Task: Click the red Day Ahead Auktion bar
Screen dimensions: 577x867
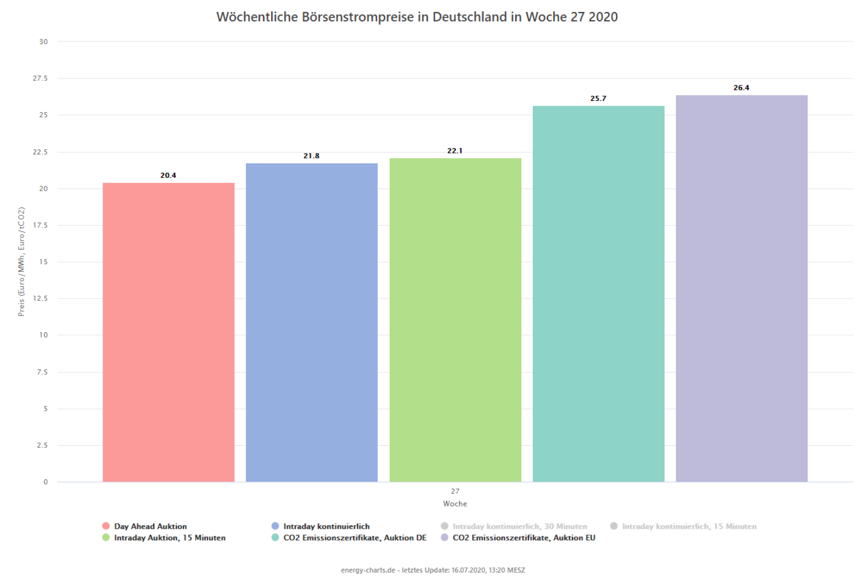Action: click(x=168, y=332)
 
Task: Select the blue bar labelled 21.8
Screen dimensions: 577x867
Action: click(x=312, y=323)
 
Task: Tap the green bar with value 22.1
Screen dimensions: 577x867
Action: click(x=455, y=320)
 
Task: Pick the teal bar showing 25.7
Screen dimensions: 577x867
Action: click(x=598, y=294)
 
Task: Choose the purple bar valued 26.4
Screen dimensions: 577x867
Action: click(x=742, y=288)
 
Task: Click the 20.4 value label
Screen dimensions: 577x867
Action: click(x=168, y=175)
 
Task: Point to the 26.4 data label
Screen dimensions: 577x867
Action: click(x=742, y=88)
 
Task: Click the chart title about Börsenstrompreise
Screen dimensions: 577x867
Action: click(x=417, y=17)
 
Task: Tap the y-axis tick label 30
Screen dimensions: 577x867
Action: click(x=44, y=42)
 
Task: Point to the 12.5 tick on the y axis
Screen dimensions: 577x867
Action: click(x=40, y=299)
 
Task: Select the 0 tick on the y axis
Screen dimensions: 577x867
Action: click(x=46, y=482)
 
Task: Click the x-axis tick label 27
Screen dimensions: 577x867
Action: click(x=455, y=491)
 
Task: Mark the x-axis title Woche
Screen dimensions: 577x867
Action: click(x=455, y=504)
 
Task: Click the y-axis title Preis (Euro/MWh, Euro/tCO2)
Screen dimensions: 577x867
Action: click(x=21, y=262)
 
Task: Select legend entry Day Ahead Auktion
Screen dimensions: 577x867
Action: click(x=150, y=526)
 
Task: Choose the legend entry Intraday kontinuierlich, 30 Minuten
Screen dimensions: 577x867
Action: click(x=519, y=526)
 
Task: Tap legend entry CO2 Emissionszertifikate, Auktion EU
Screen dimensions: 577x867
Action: click(x=524, y=537)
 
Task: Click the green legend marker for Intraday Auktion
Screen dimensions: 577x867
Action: click(x=106, y=537)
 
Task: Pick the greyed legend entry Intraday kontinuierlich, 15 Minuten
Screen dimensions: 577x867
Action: click(x=689, y=526)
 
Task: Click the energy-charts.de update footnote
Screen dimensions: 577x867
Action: click(x=433, y=570)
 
